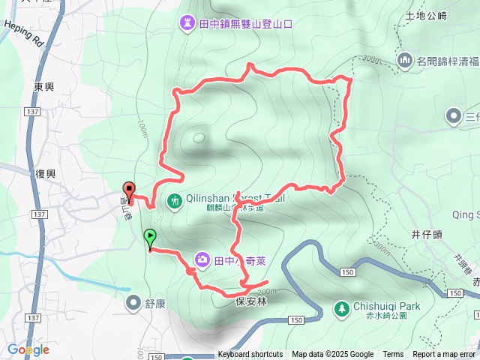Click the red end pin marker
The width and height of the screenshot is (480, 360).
pos(128,192)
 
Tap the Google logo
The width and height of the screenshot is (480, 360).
pos(28,349)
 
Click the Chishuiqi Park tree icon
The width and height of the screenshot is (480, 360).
pos(341,308)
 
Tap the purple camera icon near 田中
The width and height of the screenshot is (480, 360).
pos(202,260)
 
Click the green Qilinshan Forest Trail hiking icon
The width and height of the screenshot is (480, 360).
pos(174,200)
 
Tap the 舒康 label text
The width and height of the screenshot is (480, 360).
pos(155,302)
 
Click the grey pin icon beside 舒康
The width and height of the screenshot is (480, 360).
pos(133,302)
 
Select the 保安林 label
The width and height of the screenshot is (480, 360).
pos(250,301)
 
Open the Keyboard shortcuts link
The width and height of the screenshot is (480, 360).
pos(250,355)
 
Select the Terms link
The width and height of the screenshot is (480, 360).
pos(393,355)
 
